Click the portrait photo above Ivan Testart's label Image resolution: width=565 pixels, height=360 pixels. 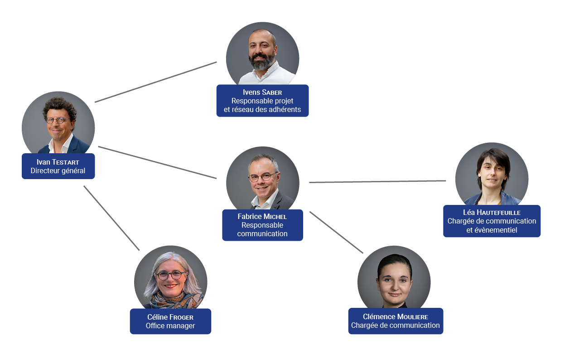58,125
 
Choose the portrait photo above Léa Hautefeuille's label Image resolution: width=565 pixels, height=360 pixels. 492,177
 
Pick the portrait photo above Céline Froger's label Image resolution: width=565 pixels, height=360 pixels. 170,279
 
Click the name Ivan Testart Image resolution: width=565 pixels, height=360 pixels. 58,162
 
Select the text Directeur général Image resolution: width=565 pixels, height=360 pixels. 58,171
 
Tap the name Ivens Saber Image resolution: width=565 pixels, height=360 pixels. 262,92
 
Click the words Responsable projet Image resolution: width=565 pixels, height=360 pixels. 262,101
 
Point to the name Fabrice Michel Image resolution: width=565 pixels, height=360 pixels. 262,216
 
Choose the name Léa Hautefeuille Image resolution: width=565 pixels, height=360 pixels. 492,212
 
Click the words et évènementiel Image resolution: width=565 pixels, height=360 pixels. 492,230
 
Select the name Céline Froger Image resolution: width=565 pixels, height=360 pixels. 170,317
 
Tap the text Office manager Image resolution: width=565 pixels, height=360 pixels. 170,326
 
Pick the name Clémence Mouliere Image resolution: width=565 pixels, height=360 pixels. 396,316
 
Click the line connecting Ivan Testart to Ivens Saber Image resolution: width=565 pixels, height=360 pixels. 156,82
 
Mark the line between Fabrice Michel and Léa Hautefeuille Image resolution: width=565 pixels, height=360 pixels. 377,181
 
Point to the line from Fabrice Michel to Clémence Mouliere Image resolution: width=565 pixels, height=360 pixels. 336,232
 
